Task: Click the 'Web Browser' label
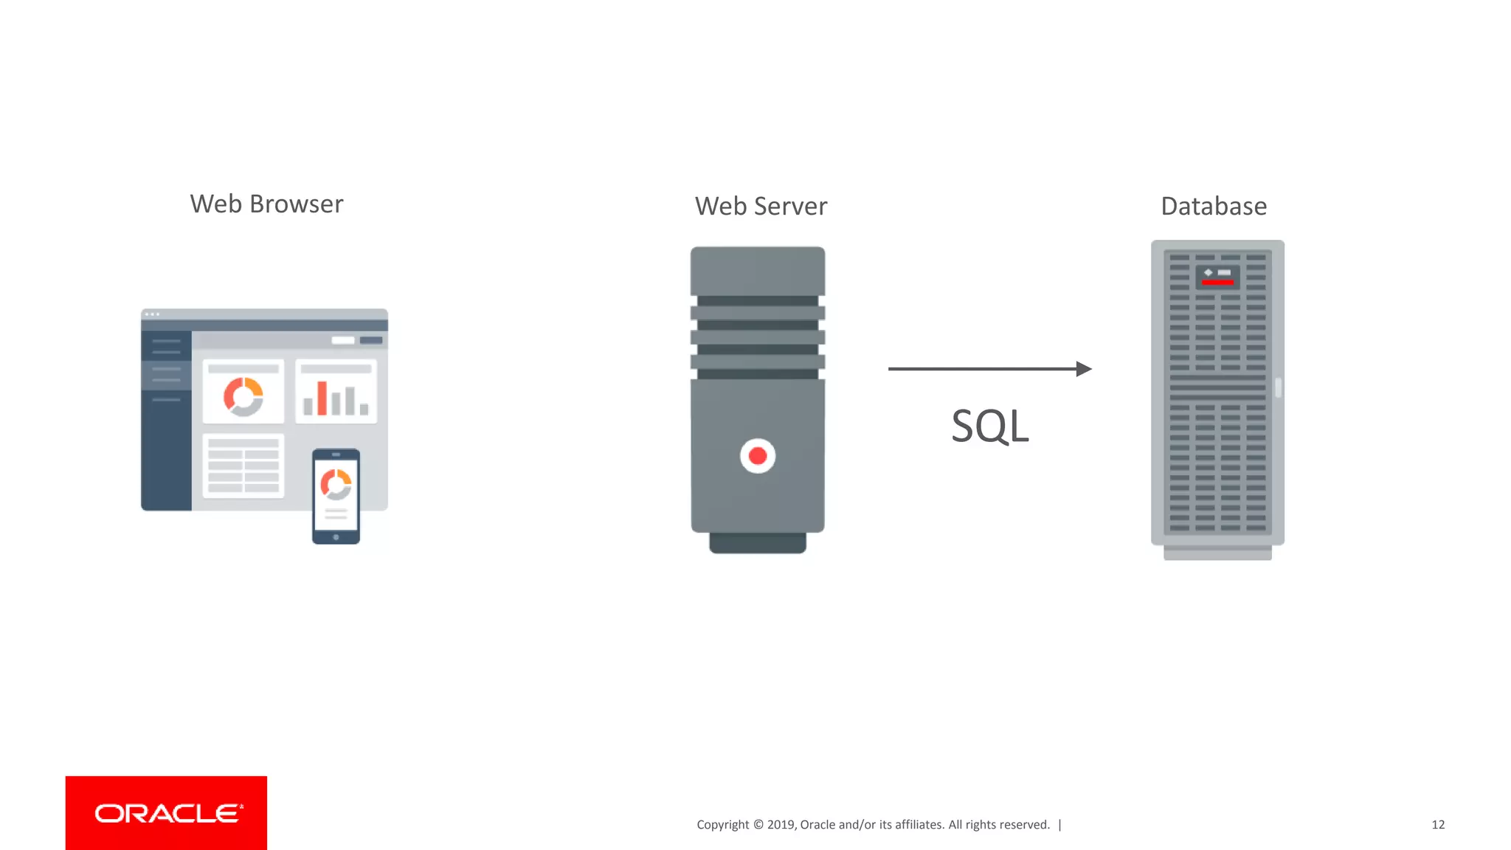[266, 204]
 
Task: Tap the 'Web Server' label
[761, 207]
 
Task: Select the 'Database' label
[1214, 207]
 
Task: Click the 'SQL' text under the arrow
[989, 426]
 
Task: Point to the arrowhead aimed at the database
[1084, 369]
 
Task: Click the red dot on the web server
[758, 456]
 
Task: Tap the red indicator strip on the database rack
[1217, 282]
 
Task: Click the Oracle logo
[167, 813]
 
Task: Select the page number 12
[1438, 825]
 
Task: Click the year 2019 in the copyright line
[780, 825]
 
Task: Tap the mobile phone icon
[336, 496]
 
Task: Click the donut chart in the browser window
[243, 397]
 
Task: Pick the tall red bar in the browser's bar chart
[322, 398]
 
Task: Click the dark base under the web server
[758, 542]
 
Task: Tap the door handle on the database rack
[1279, 387]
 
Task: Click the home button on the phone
[336, 537]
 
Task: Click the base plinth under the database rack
[1217, 553]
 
